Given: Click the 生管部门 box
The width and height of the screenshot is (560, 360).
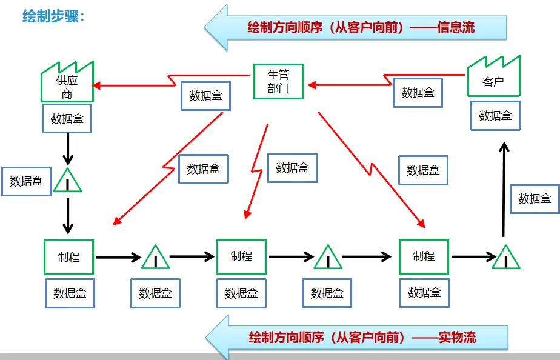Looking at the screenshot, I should [x=278, y=82].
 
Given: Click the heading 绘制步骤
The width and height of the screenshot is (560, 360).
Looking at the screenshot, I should [x=53, y=16].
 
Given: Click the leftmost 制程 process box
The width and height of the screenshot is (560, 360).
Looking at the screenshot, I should [x=68, y=257].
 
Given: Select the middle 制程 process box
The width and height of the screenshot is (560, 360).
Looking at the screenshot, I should [x=241, y=256].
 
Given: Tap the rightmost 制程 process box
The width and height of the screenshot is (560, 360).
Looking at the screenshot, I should [x=424, y=256].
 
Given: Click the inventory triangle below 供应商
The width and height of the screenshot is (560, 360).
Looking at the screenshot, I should [x=67, y=181].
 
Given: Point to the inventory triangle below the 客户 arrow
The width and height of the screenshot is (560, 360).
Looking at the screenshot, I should [x=505, y=258].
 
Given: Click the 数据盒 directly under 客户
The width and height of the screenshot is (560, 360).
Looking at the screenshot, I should [x=495, y=115].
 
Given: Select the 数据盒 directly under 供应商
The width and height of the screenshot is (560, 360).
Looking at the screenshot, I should [x=67, y=118].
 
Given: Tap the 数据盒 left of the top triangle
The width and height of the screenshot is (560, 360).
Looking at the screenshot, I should [x=26, y=181].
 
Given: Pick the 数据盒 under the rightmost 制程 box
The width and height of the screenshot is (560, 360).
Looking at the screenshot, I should [x=424, y=293].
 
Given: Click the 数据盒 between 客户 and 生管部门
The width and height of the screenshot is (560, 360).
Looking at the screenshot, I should [x=418, y=93].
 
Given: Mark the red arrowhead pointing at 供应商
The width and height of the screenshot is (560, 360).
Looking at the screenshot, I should [x=98, y=85].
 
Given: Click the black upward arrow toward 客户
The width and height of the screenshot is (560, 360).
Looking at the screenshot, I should [x=502, y=188].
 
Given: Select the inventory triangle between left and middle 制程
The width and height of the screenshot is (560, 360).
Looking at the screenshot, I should [x=156, y=258].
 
